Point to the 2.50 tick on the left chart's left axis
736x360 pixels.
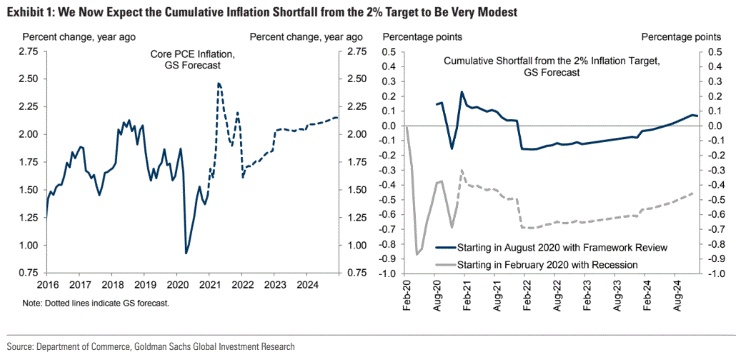coord(29,79)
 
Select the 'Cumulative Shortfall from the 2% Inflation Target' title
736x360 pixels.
coord(552,61)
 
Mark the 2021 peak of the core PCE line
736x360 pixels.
coord(219,84)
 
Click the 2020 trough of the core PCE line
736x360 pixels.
coord(187,253)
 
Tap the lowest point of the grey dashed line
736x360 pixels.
coord(417,254)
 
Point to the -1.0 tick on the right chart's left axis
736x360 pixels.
coord(389,274)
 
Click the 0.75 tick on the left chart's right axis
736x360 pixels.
coord(355,272)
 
